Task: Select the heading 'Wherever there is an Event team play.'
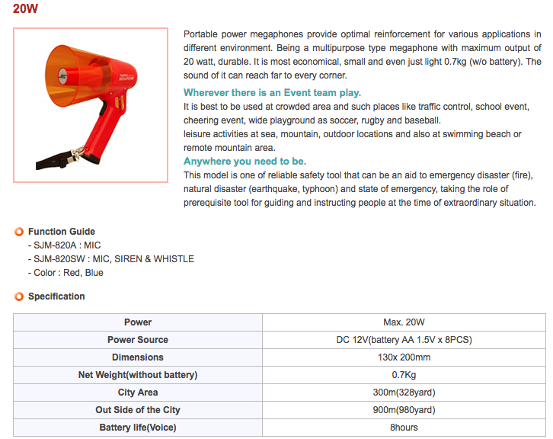tap(272, 92)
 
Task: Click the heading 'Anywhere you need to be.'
tap(245, 162)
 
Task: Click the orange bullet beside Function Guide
tap(19, 232)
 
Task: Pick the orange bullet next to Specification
tap(19, 296)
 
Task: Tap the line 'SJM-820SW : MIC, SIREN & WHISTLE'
tap(110, 259)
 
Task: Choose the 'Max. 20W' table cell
tap(404, 322)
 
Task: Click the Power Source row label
tap(138, 340)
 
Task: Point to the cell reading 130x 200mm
tap(404, 357)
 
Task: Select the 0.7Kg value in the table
tap(404, 375)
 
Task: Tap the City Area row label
tap(138, 393)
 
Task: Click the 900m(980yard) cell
tap(404, 410)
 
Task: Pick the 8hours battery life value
tap(404, 428)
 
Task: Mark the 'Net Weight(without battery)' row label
tap(138, 375)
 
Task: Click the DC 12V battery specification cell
tap(404, 340)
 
